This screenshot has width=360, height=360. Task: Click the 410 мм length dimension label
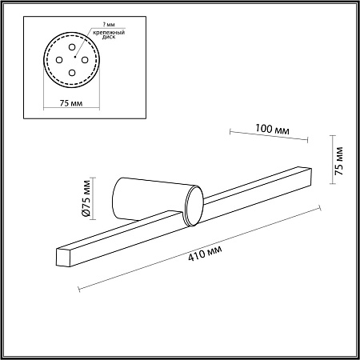(204, 255)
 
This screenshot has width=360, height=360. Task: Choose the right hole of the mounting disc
(90, 57)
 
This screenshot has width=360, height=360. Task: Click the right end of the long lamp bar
(303, 171)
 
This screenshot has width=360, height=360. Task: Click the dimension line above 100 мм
(269, 137)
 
